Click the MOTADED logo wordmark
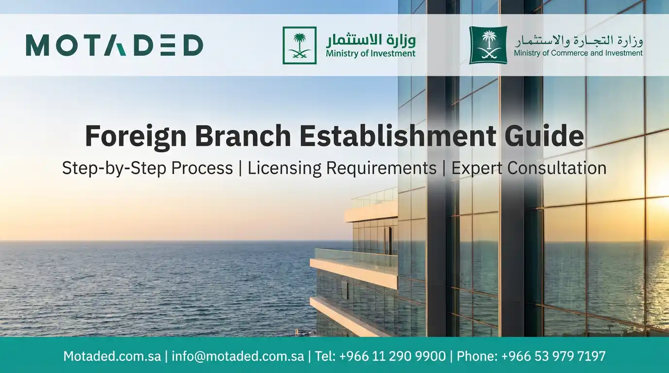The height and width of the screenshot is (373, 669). (x=114, y=45)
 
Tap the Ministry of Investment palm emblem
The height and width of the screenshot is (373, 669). (x=299, y=45)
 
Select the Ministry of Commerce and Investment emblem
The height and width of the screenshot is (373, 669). (x=488, y=45)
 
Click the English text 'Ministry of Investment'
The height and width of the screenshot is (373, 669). (x=370, y=53)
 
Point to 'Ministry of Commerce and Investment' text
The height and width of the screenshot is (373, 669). (x=578, y=53)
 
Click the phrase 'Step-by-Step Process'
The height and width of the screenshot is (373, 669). (x=147, y=168)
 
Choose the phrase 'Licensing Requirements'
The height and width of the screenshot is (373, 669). (x=342, y=168)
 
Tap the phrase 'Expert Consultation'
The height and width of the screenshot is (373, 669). (x=528, y=168)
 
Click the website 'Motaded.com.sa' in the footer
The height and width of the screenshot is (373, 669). (x=112, y=356)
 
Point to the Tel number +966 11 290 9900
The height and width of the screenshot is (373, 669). (x=380, y=356)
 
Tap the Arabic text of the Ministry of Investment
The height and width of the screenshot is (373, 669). (x=370, y=39)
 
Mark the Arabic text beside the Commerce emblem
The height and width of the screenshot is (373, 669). (x=578, y=40)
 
